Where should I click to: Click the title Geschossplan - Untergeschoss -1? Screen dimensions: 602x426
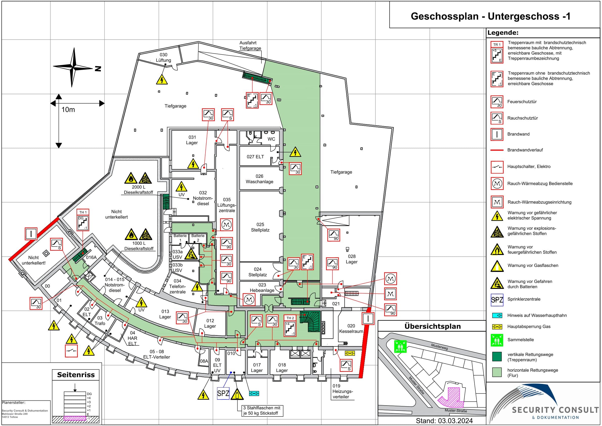coord(490,16)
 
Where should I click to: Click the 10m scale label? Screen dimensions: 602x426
coord(68,110)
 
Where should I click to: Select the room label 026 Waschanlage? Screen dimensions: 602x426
coord(259,179)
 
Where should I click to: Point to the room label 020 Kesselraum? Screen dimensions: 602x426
coord(351,328)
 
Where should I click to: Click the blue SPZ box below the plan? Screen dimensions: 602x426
coord(223,393)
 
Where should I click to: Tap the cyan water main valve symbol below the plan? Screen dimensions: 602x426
coord(254,393)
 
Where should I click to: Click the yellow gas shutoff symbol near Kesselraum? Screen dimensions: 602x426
coord(350,353)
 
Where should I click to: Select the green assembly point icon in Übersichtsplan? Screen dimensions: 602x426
coord(400,346)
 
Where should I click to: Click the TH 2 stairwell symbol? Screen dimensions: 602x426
coord(290,326)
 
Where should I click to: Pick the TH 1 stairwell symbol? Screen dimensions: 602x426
coord(83,220)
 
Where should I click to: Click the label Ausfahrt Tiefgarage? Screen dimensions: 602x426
coord(250,46)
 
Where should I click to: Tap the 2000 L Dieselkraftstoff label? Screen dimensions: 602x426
coord(138,189)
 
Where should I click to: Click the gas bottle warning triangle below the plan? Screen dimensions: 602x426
coord(237,394)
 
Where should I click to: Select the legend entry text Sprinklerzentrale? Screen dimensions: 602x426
coord(524,299)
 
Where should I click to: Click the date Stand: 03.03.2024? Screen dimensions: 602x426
coord(444,421)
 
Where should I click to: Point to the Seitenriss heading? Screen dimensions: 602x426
coord(76,375)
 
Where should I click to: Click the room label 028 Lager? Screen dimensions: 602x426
coord(352,259)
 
